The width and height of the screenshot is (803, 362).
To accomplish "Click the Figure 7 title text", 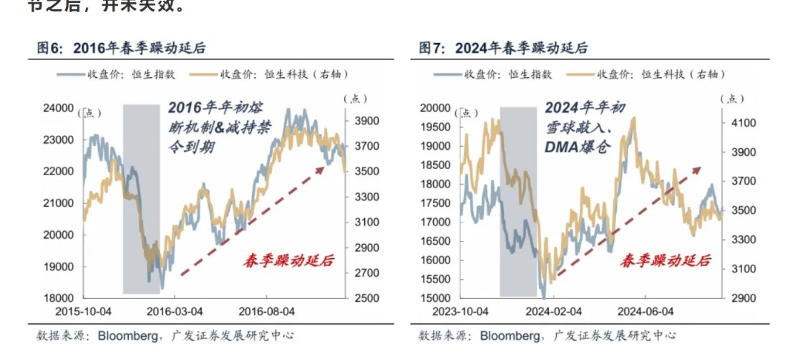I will (x=503, y=48).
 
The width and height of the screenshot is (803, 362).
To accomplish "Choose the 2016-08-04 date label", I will (x=266, y=312).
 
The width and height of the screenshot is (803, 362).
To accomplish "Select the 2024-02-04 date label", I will (x=553, y=312).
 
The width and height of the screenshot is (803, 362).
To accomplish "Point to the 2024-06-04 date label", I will (x=646, y=312).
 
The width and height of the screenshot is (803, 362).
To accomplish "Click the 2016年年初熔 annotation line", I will (x=216, y=108).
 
